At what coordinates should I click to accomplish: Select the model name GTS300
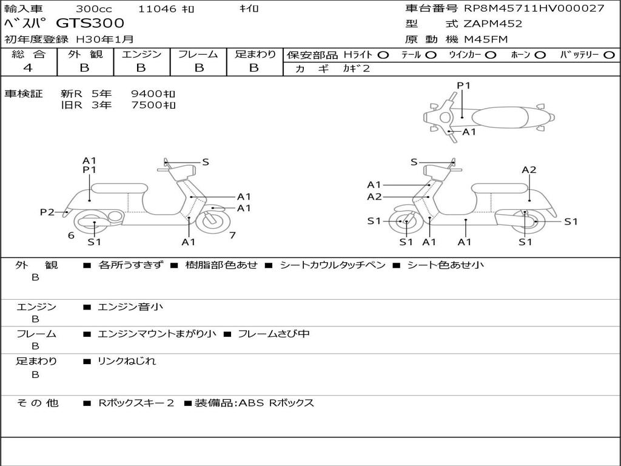[x=90, y=24]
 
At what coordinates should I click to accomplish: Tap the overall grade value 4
[x=28, y=68]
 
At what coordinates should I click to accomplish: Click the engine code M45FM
[x=486, y=39]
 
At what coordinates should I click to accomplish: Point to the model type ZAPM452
[x=492, y=24]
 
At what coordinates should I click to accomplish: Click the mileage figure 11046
[x=157, y=8]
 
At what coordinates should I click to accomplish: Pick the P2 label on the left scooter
[x=47, y=212]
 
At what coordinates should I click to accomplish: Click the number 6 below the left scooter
[x=71, y=235]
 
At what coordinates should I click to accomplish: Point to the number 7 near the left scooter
[x=232, y=235]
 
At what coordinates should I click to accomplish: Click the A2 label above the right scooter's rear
[x=529, y=170]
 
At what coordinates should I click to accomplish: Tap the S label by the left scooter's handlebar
[x=206, y=162]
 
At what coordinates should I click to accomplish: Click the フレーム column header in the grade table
[x=198, y=55]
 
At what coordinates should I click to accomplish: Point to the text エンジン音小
[x=130, y=307]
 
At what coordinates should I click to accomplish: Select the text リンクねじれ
[x=127, y=361]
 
